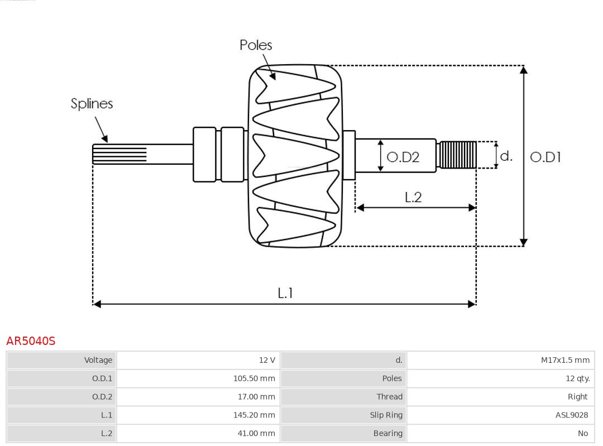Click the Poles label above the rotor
coord(256,45)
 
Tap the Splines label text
coord(92,104)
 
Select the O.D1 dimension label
coord(545,157)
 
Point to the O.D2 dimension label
coord(403,157)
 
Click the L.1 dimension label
coord(285,293)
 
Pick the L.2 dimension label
coord(413,197)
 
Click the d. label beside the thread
coord(506,156)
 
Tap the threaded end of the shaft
coord(458,155)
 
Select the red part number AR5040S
coord(31,341)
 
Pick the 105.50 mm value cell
coord(254,378)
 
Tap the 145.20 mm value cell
coord(254,415)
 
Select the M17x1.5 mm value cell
coord(565,360)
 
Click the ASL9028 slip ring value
coord(571,415)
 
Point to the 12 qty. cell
coord(577,378)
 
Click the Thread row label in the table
coord(389,397)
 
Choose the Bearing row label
coord(387,434)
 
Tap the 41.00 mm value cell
coord(256,434)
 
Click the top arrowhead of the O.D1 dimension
coord(523,70)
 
